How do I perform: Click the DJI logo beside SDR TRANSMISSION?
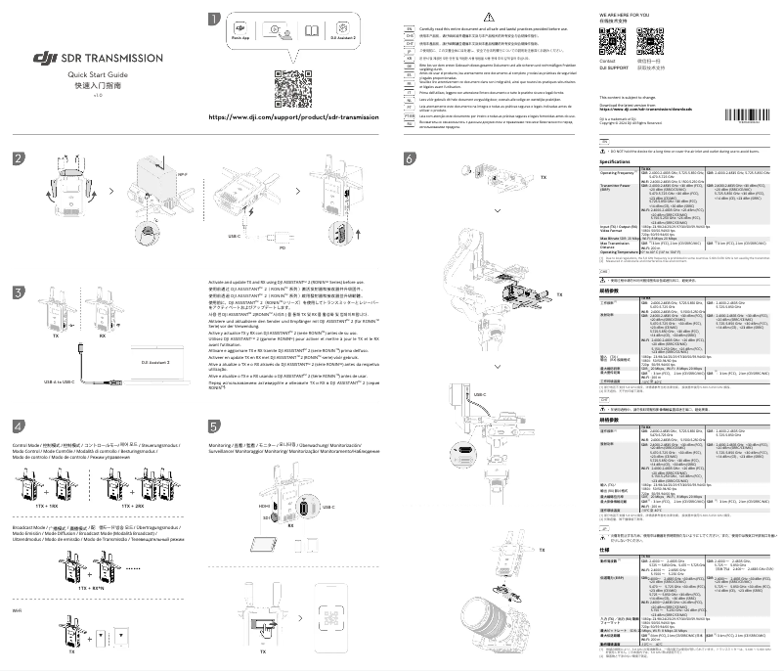tap(44, 58)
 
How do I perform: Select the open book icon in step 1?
tap(311, 31)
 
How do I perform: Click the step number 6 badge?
tap(409, 158)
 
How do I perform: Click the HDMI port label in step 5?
tap(264, 506)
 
